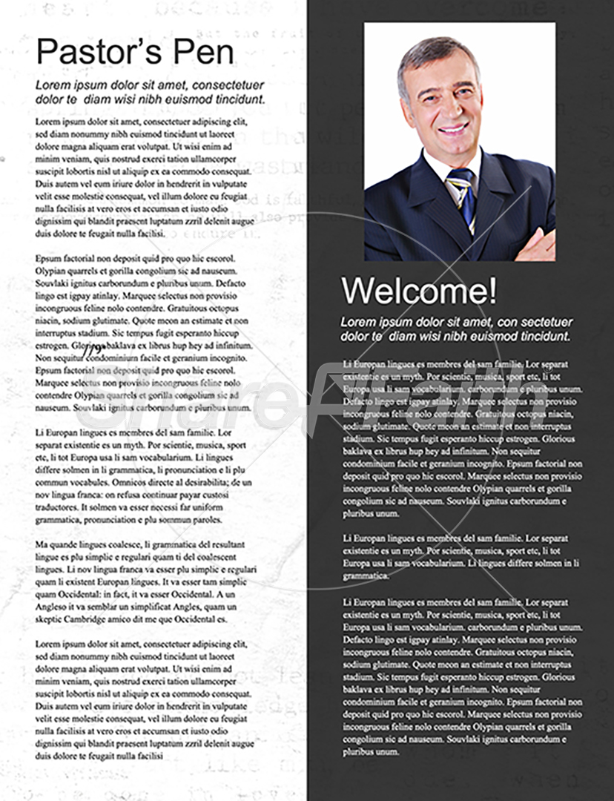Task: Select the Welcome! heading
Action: point(419,291)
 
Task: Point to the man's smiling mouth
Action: point(454,128)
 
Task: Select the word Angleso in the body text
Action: point(53,607)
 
